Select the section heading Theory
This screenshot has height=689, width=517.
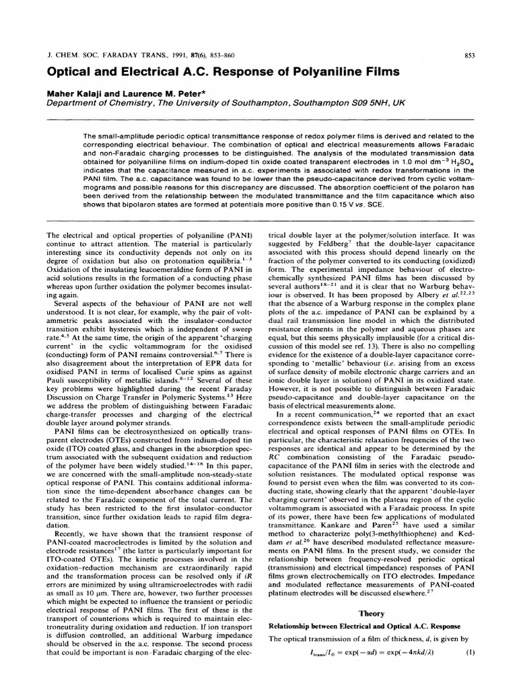click(x=371, y=613)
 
